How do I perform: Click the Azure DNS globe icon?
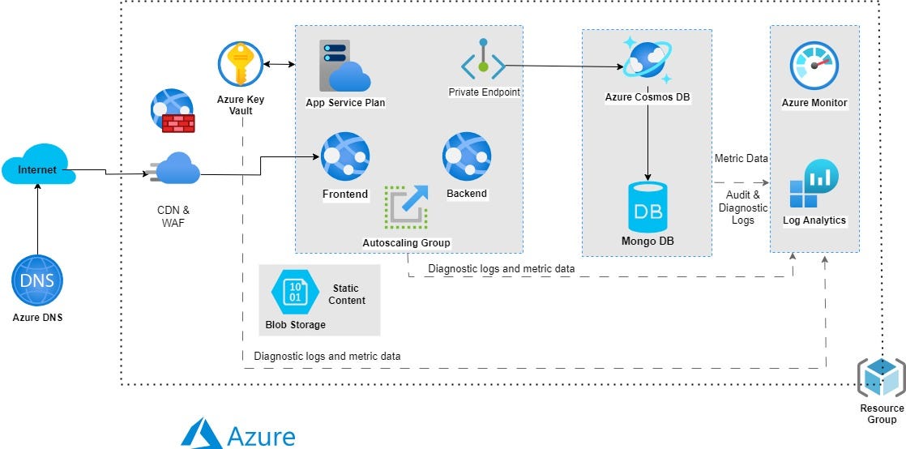[x=37, y=280]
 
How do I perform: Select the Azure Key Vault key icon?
[x=241, y=64]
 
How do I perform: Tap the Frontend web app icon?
[x=344, y=156]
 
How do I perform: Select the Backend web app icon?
[x=467, y=156]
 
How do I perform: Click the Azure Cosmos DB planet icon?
[x=647, y=59]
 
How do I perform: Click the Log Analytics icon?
[x=814, y=185]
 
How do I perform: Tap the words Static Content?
[x=346, y=294]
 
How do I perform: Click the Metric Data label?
[x=741, y=158]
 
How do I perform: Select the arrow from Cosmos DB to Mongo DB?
[x=647, y=142]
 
